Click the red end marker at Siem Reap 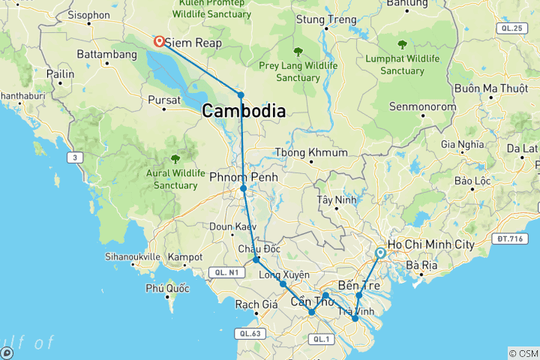(160, 42)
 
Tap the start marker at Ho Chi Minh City (380, 253)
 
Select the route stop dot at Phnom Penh (244, 188)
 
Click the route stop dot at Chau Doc (256, 259)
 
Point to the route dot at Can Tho (312, 312)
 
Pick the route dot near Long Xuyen (283, 283)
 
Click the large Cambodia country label (243, 111)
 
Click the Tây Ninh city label (334, 200)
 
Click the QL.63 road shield (250, 332)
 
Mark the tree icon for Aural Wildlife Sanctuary (175, 158)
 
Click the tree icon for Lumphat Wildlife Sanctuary (403, 44)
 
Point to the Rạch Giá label (256, 304)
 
